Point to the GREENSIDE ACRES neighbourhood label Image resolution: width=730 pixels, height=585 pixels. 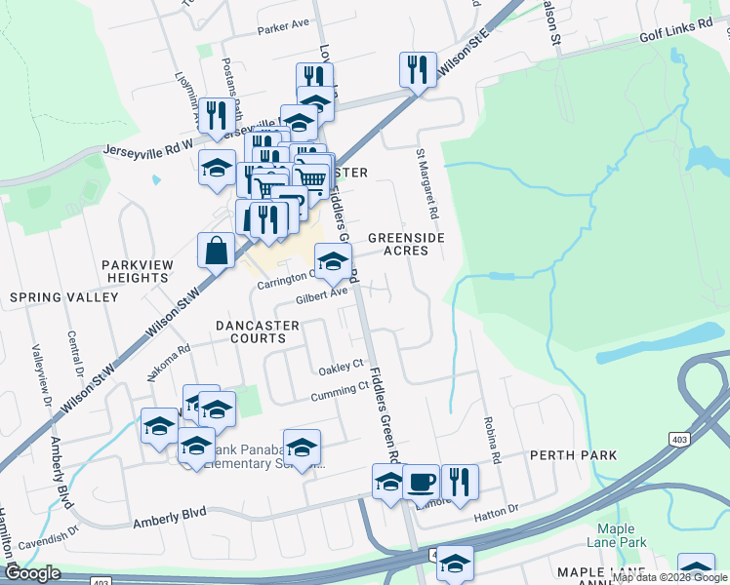(x=398, y=244)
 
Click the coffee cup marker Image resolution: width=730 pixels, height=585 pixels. (x=421, y=482)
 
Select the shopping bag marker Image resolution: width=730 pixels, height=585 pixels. (x=216, y=250)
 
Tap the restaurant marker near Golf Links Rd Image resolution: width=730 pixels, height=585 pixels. (x=417, y=69)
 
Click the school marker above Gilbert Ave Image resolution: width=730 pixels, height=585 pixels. (x=332, y=260)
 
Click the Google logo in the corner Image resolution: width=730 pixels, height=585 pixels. (x=33, y=573)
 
